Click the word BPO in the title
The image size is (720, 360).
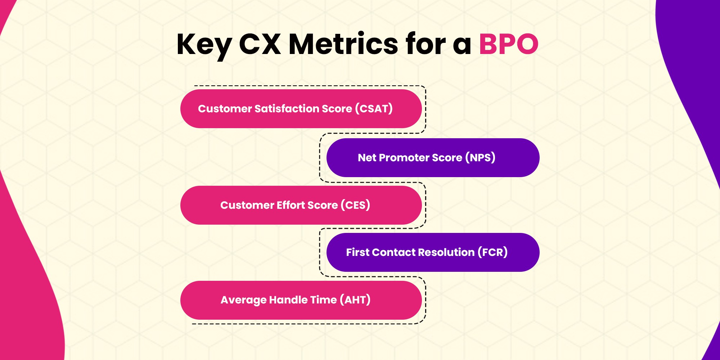coord(508,44)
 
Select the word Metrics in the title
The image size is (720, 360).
coord(343,44)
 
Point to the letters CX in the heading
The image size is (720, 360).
coord(260,44)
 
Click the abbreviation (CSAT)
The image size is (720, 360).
coord(374,108)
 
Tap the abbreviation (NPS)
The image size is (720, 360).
coord(480,157)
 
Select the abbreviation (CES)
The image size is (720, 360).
coord(355,205)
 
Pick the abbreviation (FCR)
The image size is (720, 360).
coord(492,252)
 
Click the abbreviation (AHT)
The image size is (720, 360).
coord(355,300)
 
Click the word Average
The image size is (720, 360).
coord(243,300)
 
